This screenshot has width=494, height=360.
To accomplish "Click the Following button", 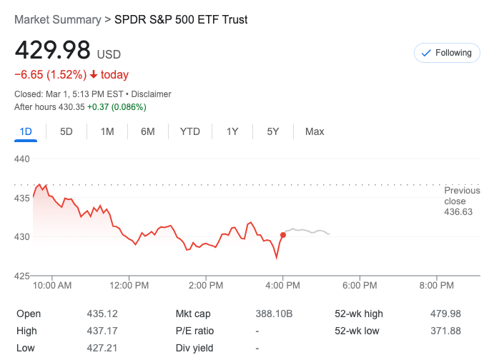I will [x=448, y=53].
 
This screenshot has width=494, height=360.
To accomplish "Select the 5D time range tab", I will [x=66, y=131].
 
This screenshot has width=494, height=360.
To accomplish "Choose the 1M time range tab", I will [x=107, y=131].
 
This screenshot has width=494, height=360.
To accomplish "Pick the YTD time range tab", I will [x=190, y=131].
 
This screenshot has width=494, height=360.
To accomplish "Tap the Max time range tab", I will [x=315, y=131].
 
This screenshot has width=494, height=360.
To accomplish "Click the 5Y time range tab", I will [x=273, y=131].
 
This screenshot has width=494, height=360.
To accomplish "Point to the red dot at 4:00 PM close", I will [x=283, y=234].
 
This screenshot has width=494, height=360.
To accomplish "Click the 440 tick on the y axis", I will [x=22, y=159].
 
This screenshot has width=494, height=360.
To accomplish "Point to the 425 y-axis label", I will [x=22, y=276].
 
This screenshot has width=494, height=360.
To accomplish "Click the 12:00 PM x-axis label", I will [x=129, y=285].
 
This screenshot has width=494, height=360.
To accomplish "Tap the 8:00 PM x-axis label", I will [x=437, y=285].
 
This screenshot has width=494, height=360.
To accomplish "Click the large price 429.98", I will [x=53, y=51].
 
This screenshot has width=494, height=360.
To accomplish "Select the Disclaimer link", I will [x=152, y=94].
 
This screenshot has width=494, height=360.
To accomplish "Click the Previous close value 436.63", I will [x=458, y=212].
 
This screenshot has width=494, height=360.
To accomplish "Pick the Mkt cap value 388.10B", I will [x=275, y=314].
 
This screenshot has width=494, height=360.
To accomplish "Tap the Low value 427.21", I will [x=102, y=348].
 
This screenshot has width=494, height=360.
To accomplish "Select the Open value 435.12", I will [x=102, y=314].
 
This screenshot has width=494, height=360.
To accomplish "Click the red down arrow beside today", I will [x=94, y=75].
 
